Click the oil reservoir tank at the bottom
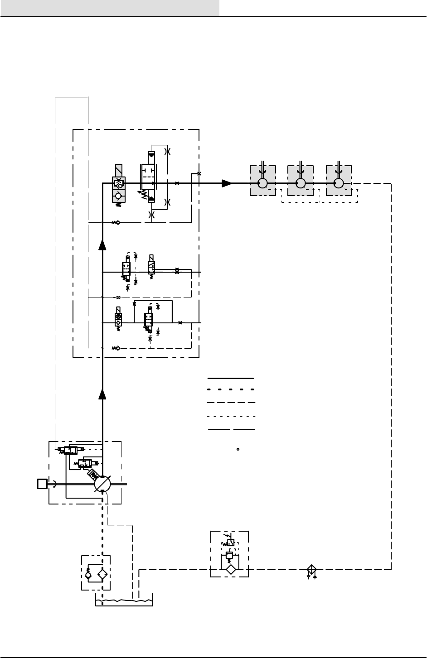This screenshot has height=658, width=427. (124, 601)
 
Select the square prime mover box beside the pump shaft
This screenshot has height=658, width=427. (42, 484)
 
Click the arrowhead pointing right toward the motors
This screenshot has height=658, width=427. (227, 183)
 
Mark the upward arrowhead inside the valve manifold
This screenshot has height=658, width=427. (103, 245)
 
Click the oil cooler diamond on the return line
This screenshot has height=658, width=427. (311, 570)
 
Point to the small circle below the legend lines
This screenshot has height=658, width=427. (238, 450)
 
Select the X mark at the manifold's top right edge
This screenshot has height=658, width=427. (199, 173)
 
